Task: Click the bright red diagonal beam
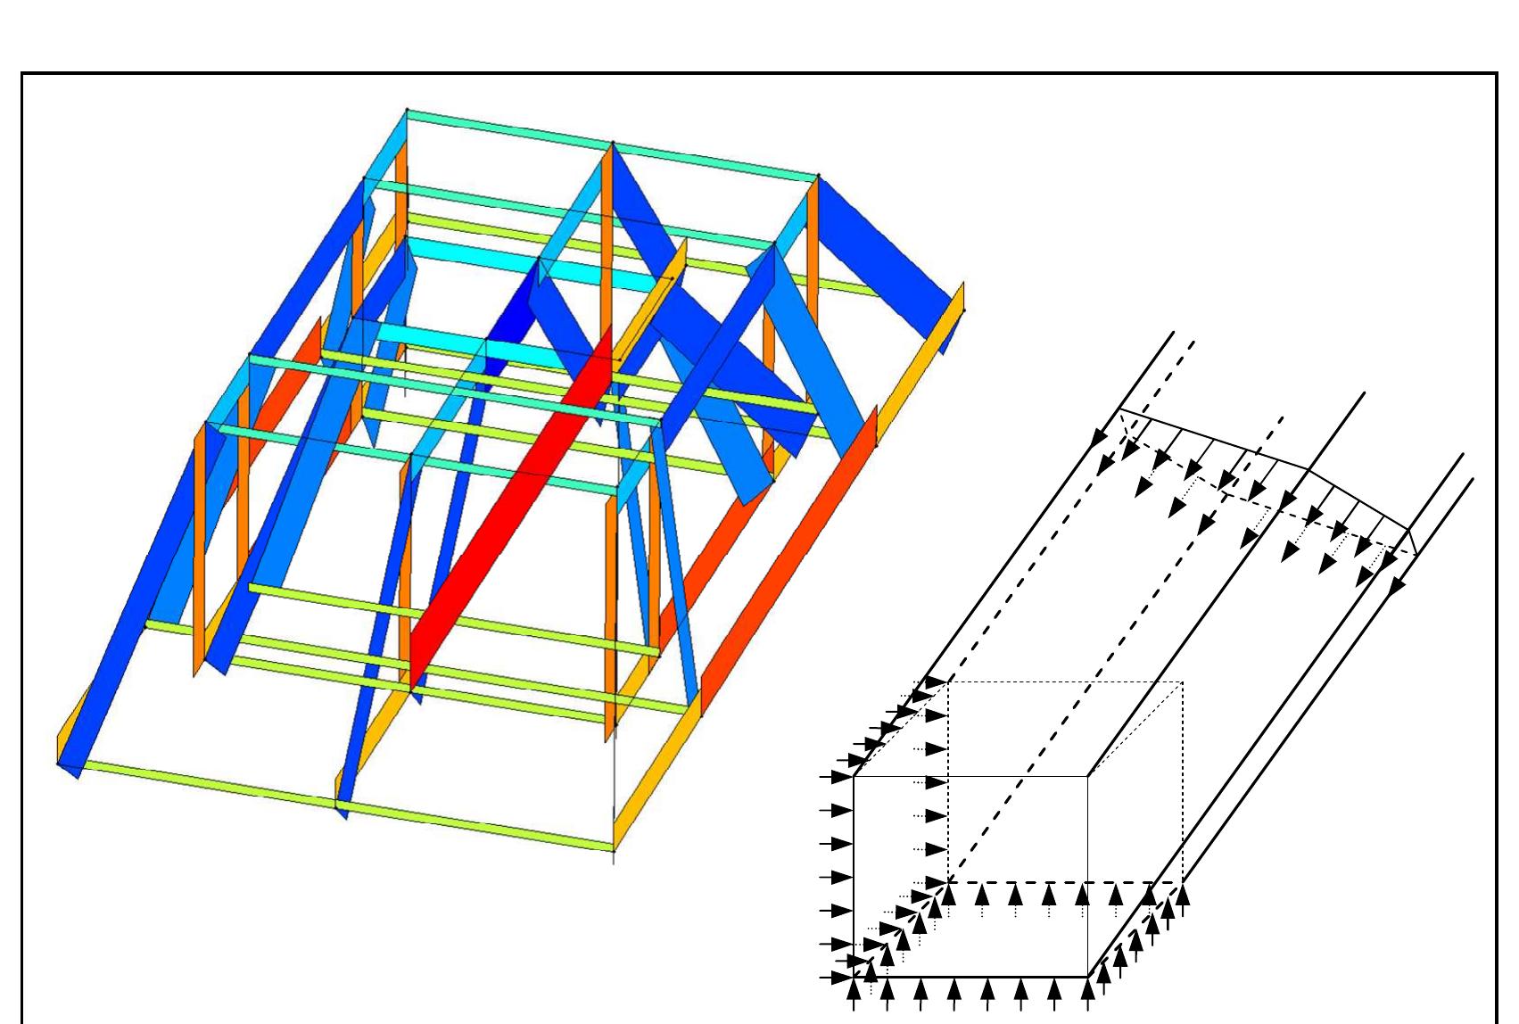click(508, 508)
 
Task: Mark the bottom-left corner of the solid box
click(854, 977)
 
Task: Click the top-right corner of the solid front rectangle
click(1087, 777)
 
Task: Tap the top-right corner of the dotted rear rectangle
click(1183, 682)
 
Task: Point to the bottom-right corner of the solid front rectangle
click(1087, 977)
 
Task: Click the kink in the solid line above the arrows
click(1308, 469)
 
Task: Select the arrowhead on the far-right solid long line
click(1397, 585)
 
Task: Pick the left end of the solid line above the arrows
click(1120, 409)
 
